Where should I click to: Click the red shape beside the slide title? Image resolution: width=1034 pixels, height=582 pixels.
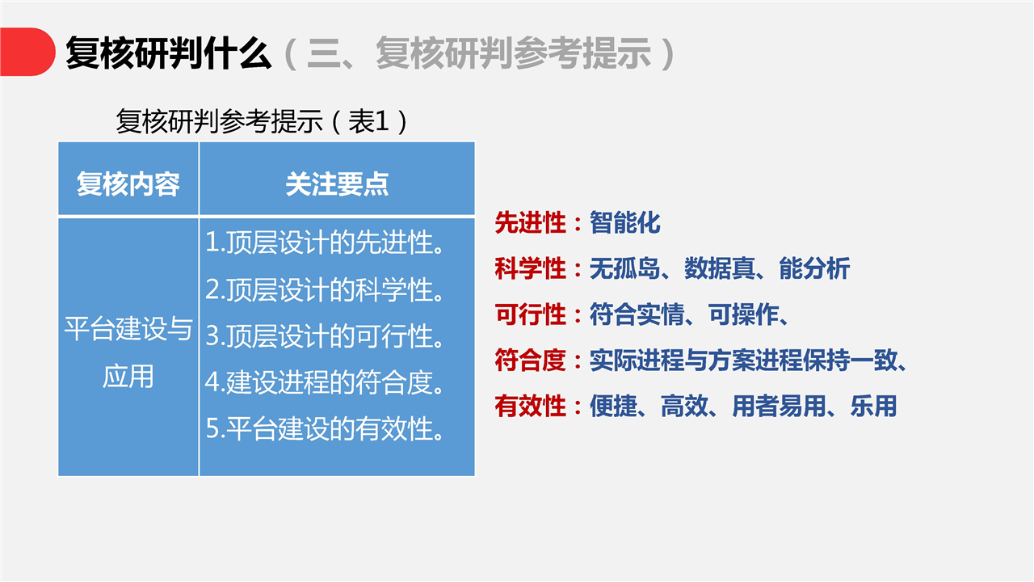click(27, 52)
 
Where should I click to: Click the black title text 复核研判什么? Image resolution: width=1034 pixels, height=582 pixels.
click(169, 53)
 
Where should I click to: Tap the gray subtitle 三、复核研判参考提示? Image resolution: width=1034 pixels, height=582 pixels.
click(480, 53)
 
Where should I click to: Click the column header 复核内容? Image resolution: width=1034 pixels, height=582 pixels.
click(128, 183)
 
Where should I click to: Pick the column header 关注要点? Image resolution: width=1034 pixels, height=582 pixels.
click(337, 183)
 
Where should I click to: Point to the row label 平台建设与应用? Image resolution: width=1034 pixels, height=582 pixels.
click(128, 352)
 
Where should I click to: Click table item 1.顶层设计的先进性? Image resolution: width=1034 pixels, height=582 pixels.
click(324, 242)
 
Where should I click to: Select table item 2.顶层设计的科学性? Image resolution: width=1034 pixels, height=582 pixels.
click(324, 289)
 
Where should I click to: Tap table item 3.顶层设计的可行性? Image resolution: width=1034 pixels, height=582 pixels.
click(324, 335)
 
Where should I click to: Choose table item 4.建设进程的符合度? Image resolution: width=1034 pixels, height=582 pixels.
click(324, 382)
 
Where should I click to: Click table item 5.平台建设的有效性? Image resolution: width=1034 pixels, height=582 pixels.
click(324, 428)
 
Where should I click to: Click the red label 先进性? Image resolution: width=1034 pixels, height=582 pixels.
click(531, 222)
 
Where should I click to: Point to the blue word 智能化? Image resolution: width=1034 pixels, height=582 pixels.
click(625, 222)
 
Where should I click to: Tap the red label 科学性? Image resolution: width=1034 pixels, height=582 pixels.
click(531, 268)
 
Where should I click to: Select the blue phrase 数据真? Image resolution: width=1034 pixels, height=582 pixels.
click(720, 268)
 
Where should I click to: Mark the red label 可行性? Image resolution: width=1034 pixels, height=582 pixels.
click(531, 314)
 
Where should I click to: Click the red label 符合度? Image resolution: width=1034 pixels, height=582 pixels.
click(531, 361)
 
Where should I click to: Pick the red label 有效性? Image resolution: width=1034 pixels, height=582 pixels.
click(531, 406)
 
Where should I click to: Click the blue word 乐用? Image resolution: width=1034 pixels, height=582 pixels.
click(873, 406)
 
